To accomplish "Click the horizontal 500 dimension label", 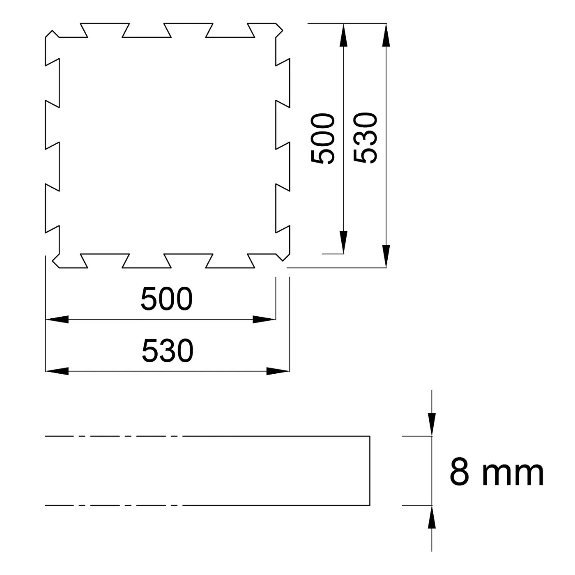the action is [x=166, y=299].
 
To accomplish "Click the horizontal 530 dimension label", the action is [x=168, y=351].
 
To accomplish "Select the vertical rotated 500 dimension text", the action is [x=322, y=138].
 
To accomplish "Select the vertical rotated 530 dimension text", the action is [x=365, y=138].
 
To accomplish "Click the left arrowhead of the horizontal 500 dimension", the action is [x=57, y=319].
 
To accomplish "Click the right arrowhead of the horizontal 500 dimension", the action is [x=264, y=319].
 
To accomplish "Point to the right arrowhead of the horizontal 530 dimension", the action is [x=278, y=371].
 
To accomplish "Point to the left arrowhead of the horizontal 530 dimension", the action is [x=57, y=371].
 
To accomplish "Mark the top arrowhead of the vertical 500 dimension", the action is [x=343, y=35].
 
